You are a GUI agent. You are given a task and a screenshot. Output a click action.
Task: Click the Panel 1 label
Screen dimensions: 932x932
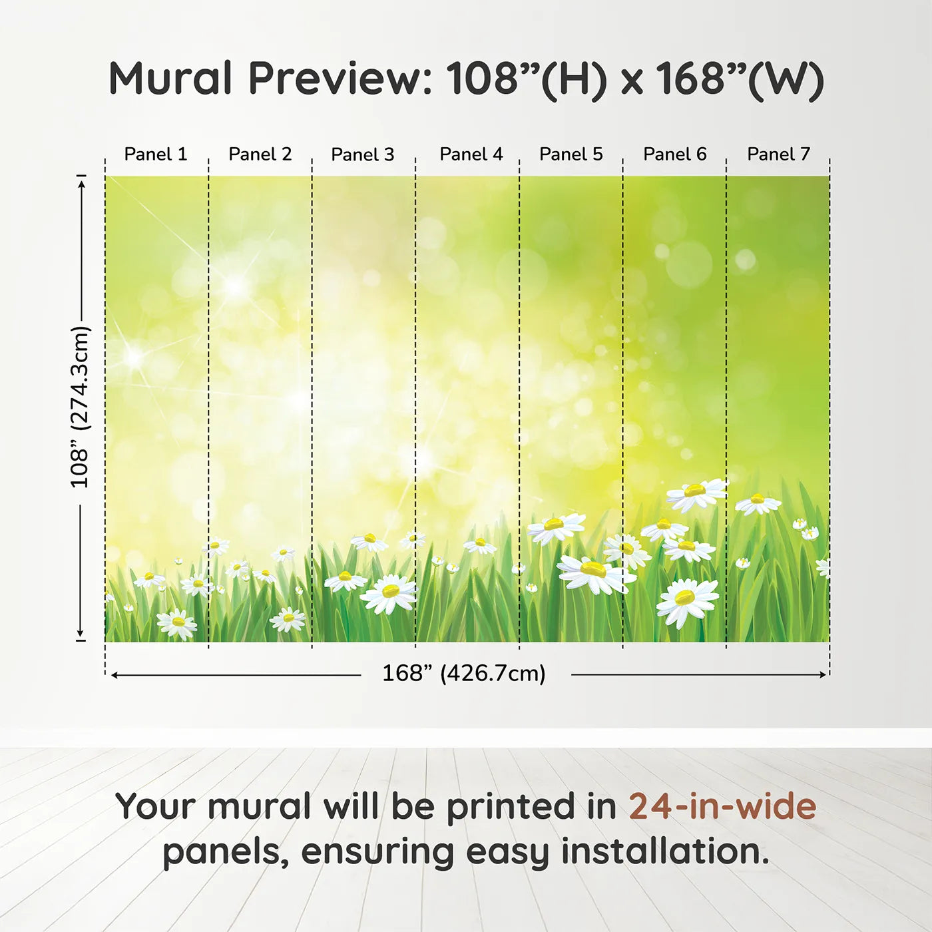point(155,154)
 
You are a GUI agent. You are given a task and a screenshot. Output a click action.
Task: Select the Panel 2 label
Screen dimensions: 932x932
point(260,154)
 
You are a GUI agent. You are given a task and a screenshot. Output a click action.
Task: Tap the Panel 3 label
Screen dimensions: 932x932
point(363,154)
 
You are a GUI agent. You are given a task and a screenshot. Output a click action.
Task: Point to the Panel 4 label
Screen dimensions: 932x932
point(471,154)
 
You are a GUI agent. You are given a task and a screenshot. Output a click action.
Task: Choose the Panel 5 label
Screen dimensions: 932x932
point(571,154)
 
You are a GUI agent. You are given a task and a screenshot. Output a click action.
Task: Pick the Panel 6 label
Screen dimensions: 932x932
point(674,154)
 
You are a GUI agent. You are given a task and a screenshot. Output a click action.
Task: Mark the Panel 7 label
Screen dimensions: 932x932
point(778,154)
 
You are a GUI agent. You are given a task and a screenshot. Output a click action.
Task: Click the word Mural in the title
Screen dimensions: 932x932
point(171,78)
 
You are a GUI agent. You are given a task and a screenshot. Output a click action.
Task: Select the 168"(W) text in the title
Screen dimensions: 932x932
point(740,81)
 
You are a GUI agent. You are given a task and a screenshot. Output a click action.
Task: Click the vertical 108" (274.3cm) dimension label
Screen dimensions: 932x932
point(80,407)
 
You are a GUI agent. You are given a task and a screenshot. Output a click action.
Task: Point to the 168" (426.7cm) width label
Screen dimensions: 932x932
point(464,673)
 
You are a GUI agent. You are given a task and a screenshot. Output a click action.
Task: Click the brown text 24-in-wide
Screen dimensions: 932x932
point(722,806)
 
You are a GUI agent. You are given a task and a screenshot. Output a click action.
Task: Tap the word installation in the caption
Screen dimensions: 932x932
point(665,851)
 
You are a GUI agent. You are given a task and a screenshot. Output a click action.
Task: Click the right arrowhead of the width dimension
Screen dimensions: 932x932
point(823,674)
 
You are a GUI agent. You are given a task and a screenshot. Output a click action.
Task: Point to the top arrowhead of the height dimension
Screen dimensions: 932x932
point(82,184)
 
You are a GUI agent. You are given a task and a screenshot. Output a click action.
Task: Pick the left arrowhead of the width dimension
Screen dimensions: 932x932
point(115,674)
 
